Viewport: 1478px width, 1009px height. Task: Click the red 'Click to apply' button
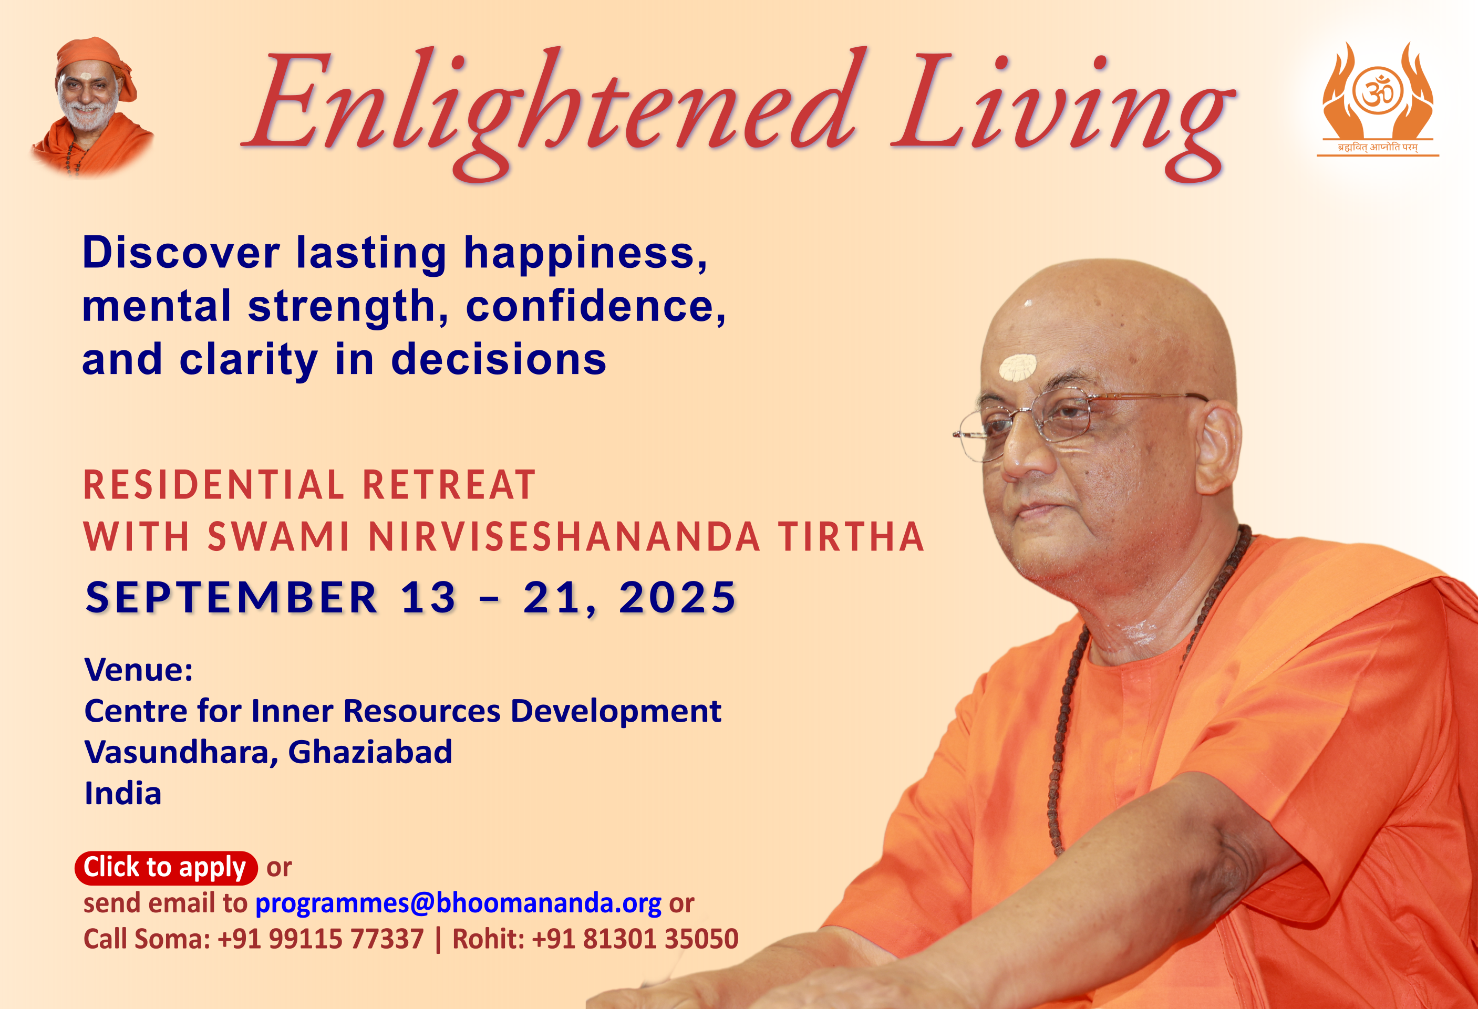pyautogui.click(x=166, y=868)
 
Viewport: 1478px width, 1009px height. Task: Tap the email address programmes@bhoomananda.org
pyautogui.click(x=458, y=903)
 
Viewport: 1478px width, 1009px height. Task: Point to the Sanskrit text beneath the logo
pyautogui.click(x=1378, y=148)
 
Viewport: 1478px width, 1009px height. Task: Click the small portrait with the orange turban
pyautogui.click(x=92, y=105)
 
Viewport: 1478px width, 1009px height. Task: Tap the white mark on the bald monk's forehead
pyautogui.click(x=1018, y=367)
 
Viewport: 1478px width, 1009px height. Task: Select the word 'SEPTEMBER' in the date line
pyautogui.click(x=232, y=598)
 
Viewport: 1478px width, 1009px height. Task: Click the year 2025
pyautogui.click(x=677, y=598)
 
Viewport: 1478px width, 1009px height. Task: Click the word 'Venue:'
pyautogui.click(x=139, y=670)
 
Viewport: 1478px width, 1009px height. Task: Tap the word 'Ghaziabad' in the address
pyautogui.click(x=370, y=752)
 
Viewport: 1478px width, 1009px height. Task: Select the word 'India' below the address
pyautogui.click(x=123, y=794)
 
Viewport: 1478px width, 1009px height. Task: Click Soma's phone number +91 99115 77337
pyautogui.click(x=321, y=939)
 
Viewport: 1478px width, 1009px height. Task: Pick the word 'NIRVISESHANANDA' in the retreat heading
pyautogui.click(x=564, y=537)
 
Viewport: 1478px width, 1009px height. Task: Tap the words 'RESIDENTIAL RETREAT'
pyautogui.click(x=309, y=485)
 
